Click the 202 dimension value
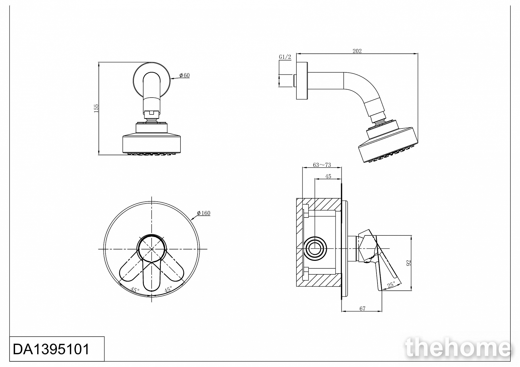tap(357, 51)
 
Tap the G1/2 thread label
tap(285, 57)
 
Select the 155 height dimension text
tap(96, 108)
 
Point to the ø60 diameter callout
tap(185, 75)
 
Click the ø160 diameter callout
tap(204, 213)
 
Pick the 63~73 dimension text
tap(322, 165)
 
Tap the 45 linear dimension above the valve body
tap(328, 176)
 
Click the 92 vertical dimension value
tap(408, 263)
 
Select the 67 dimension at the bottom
tap(362, 309)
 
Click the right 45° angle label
tap(168, 290)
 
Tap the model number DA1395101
tap(51, 349)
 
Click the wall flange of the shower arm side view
tap(302, 80)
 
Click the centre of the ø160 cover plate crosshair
tap(152, 249)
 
